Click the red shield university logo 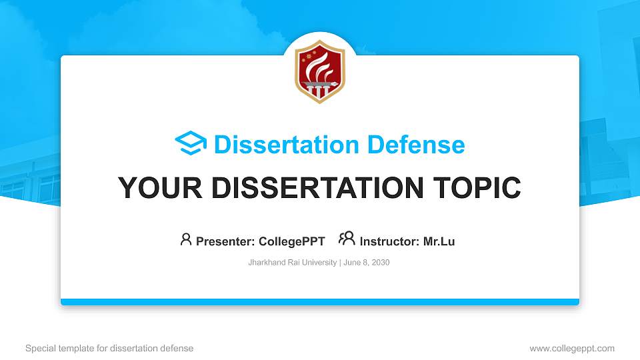[x=320, y=71]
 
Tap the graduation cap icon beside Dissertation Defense [x=191, y=144]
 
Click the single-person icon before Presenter [x=186, y=239]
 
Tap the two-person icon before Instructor [x=347, y=239]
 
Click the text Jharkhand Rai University [x=292, y=263]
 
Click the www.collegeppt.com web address [x=571, y=348]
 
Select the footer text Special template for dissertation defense [x=109, y=348]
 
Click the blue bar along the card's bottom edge [x=320, y=302]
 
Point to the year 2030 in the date [x=381, y=263]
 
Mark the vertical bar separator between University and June [x=340, y=263]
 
